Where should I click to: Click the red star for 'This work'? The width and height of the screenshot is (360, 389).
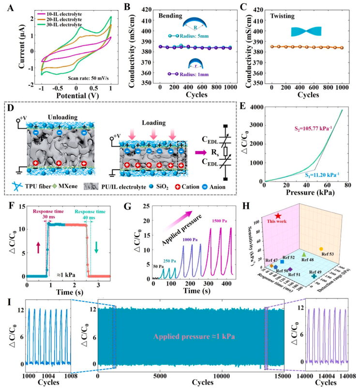[278, 216]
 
